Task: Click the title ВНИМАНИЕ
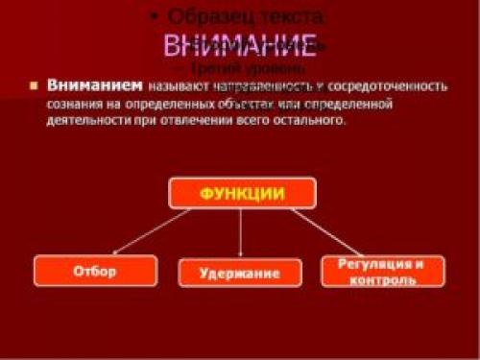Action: pos(239,44)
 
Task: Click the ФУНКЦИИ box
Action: pos(241,193)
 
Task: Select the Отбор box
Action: pos(94,272)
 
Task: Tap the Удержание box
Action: pos(240,274)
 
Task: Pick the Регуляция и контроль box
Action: pos(383,272)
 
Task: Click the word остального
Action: pos(311,122)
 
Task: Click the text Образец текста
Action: pos(248,16)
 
